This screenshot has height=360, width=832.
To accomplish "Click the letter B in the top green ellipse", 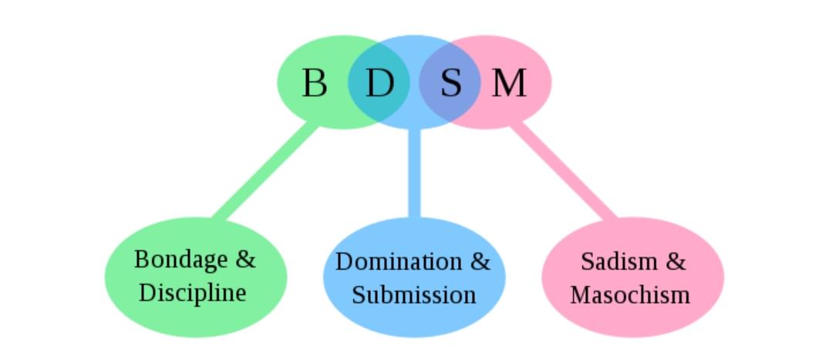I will click(x=314, y=82).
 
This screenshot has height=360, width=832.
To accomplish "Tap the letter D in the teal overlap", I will click(x=379, y=82).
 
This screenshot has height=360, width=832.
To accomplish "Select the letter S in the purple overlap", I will click(x=451, y=82).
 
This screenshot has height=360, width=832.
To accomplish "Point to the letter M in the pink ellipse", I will click(x=509, y=82).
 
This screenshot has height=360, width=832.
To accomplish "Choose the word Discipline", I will click(x=193, y=292).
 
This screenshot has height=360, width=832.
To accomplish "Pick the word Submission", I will click(x=414, y=294).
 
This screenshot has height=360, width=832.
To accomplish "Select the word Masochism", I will click(x=630, y=294).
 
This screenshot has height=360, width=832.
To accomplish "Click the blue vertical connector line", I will click(x=414, y=173).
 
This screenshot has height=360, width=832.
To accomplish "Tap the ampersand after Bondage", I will click(x=244, y=260).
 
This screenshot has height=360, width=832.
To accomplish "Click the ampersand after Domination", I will click(x=480, y=261).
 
